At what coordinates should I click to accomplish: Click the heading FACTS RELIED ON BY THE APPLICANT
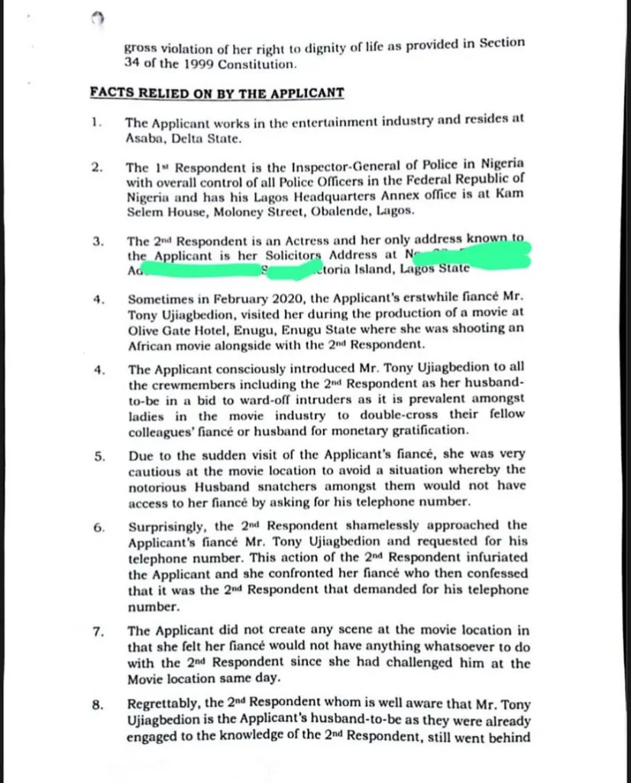coord(216,93)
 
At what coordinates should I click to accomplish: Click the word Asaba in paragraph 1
coord(144,139)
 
